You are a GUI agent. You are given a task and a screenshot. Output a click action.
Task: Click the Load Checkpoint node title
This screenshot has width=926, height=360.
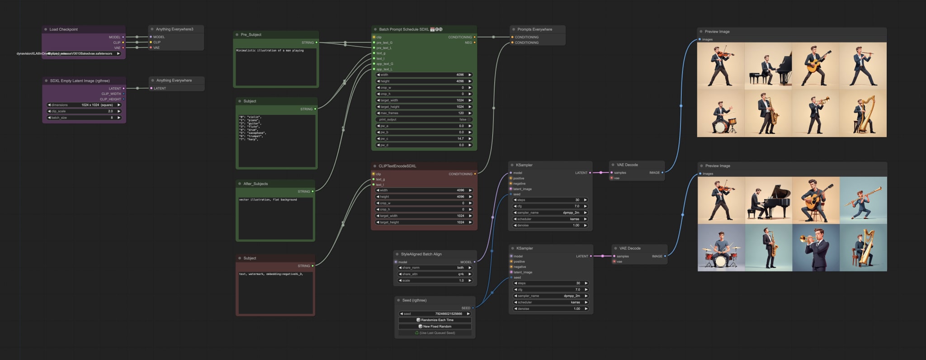click(63, 29)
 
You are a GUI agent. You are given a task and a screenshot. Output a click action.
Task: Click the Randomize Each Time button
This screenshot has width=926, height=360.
click(435, 320)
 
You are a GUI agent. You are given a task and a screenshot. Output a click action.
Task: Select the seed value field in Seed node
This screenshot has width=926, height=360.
click(435, 313)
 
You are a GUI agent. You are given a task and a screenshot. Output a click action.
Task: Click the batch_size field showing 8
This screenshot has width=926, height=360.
click(84, 118)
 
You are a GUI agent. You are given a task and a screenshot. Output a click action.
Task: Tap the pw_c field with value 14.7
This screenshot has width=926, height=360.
click(424, 139)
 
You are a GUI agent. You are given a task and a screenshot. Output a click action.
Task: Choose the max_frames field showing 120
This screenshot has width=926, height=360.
click(424, 113)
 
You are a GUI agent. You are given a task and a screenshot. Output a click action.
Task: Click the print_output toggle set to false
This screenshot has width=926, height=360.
click(424, 119)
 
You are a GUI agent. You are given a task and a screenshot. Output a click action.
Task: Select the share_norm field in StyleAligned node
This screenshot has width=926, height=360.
click(435, 268)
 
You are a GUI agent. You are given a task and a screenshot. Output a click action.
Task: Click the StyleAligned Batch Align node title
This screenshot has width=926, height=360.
click(421, 254)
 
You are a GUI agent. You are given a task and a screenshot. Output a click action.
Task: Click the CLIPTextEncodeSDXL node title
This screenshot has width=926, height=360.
click(397, 166)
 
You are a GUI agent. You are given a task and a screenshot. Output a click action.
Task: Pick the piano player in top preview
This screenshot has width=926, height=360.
click(769, 66)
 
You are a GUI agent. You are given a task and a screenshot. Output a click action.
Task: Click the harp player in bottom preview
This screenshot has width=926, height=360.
click(863, 248)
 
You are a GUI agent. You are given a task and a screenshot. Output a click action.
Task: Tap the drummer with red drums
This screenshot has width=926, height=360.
click(721, 248)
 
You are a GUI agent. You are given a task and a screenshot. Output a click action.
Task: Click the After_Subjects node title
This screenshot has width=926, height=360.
click(255, 184)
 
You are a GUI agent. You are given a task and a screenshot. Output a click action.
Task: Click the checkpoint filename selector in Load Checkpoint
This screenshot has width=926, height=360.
click(84, 53)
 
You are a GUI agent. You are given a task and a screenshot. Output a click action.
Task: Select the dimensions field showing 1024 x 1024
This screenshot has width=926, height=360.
click(84, 105)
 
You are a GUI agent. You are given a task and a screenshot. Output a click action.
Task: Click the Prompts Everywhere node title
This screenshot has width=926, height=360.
click(534, 29)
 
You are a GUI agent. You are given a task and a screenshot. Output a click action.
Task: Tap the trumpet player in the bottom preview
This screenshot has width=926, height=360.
click(816, 248)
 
